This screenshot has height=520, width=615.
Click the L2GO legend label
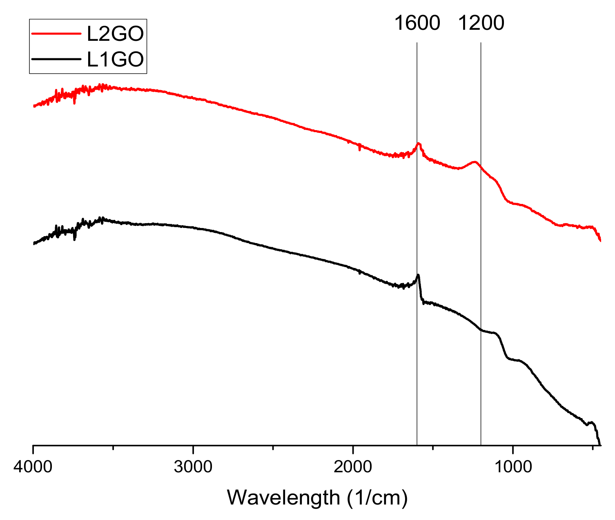(115, 34)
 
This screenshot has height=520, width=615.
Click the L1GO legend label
(115, 59)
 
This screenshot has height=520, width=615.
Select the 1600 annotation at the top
(417, 23)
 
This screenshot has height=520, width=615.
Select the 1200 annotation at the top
(481, 23)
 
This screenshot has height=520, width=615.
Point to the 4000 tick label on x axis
(33, 467)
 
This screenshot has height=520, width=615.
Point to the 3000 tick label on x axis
(193, 467)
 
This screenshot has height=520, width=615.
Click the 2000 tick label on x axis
(353, 467)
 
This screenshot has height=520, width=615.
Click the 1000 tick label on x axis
(513, 467)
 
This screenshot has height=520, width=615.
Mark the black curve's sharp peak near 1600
(418, 275)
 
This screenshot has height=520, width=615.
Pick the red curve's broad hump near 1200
(474, 162)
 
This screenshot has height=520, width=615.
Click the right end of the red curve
(600, 241)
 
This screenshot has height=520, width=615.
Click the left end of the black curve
(33, 243)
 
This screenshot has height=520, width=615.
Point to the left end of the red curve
(33, 106)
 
